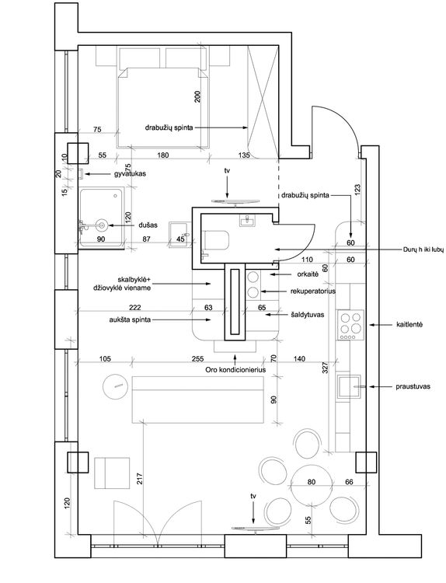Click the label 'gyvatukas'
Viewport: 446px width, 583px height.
click(x=130, y=173)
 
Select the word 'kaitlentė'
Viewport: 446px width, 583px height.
click(x=409, y=325)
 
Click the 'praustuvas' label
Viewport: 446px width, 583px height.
click(x=413, y=386)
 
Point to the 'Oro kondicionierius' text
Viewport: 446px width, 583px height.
click(x=235, y=370)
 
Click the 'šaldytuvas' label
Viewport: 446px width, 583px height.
click(x=308, y=315)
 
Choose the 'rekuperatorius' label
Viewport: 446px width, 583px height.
click(x=313, y=291)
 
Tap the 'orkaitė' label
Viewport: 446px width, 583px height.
click(x=308, y=274)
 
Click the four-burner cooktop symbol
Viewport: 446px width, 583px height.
click(x=350, y=325)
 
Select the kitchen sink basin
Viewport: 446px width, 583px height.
click(x=349, y=386)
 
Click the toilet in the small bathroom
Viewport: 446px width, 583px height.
click(x=215, y=240)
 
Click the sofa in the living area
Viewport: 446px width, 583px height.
click(x=197, y=400)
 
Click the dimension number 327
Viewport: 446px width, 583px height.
click(x=326, y=368)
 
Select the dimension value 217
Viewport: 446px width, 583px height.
click(x=141, y=480)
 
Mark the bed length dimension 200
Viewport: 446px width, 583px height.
click(x=197, y=96)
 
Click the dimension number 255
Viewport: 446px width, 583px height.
click(x=197, y=359)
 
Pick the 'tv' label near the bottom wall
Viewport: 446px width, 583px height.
click(x=253, y=496)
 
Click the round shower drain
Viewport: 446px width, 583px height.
click(x=101, y=225)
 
